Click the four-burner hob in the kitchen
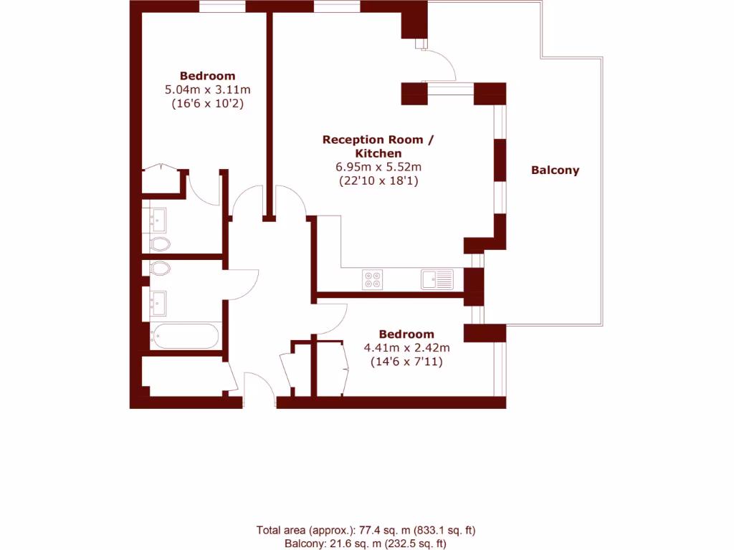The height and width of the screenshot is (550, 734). point(373,279)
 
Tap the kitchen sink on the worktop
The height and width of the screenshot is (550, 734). point(437,279)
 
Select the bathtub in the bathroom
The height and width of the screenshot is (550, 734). point(184,335)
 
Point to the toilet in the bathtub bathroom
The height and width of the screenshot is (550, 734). point(161,269)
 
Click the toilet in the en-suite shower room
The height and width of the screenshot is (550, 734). point(161,244)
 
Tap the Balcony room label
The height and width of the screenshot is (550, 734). point(555,170)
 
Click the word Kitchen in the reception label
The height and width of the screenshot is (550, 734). point(378,153)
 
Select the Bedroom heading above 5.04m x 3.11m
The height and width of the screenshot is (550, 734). point(207,76)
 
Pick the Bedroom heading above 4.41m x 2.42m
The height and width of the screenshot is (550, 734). point(406,334)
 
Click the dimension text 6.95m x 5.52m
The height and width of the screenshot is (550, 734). point(378,167)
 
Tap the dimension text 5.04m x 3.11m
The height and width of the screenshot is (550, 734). point(207,90)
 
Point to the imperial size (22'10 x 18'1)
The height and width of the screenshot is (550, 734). point(378,181)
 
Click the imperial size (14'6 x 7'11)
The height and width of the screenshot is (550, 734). point(406,362)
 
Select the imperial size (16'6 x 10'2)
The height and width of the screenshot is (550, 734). point(207,104)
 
